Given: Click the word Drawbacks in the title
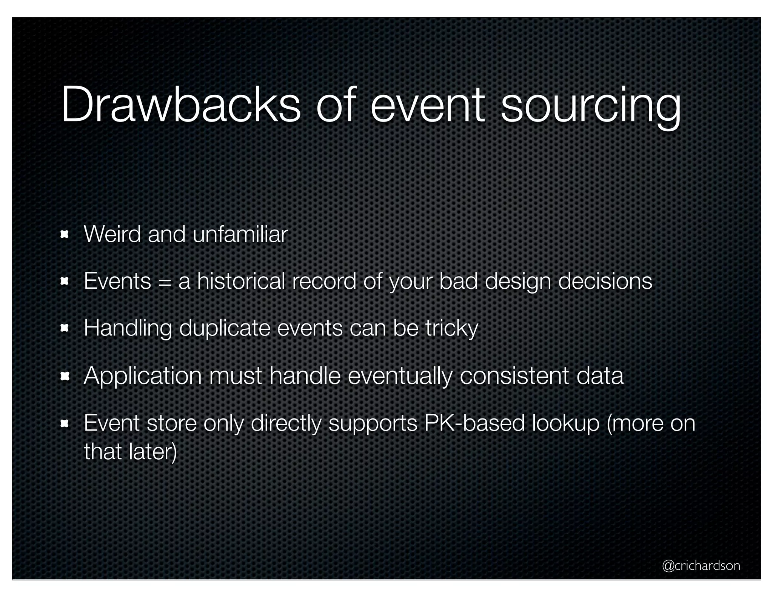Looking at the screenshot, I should [x=180, y=104].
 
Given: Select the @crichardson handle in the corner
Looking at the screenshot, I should [x=701, y=565].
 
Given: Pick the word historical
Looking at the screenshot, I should [x=241, y=281].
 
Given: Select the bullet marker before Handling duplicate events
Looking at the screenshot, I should [x=64, y=328].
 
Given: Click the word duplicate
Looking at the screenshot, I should [x=225, y=328].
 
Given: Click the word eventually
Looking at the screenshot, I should [x=399, y=376].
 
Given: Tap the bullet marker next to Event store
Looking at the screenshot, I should [x=64, y=424].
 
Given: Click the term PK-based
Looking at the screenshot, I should [x=474, y=423].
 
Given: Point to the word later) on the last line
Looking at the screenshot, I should [x=152, y=451].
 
